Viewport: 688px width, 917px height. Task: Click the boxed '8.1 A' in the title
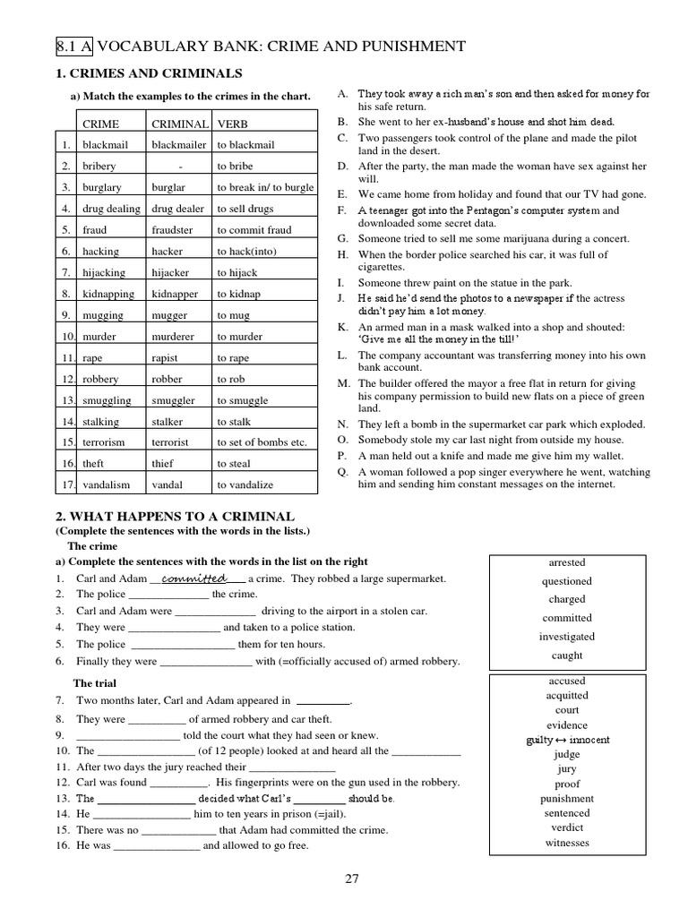(71, 47)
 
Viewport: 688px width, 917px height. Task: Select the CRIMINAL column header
(179, 124)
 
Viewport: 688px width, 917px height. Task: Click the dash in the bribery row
(180, 166)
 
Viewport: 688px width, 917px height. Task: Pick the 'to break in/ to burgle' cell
(265, 187)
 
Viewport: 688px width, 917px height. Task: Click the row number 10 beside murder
(66, 337)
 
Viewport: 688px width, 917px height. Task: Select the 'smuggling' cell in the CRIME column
(107, 400)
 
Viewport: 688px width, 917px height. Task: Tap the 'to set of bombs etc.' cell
(262, 442)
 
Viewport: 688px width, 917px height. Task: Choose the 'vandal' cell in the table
(167, 484)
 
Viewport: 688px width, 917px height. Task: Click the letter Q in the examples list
(342, 472)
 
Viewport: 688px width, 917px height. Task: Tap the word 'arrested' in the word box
(566, 562)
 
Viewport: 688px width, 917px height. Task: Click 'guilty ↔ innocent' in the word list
(567, 740)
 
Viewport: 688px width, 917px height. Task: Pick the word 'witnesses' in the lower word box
(567, 843)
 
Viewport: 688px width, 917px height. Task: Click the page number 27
(352, 878)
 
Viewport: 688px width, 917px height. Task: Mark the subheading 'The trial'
(96, 683)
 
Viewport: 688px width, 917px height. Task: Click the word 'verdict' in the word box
(567, 827)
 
